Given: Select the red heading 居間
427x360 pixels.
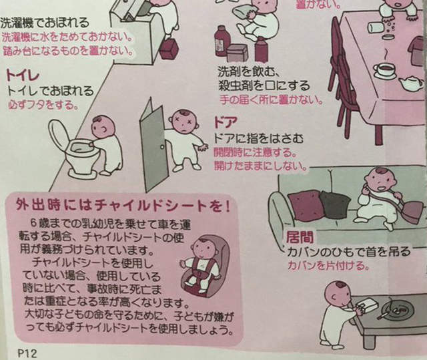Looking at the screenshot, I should tap(298, 238).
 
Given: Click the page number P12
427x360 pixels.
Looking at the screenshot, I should tap(25, 351).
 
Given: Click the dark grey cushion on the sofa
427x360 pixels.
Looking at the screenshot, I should tap(335, 204).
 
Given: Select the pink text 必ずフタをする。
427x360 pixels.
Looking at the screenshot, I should tap(42, 105).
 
